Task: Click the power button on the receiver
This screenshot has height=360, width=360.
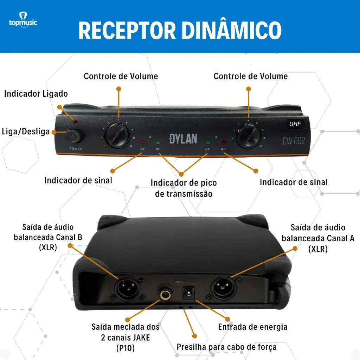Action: (x=73, y=136)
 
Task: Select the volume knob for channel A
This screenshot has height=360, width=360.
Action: (x=117, y=135)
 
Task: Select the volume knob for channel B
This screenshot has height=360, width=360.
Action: (x=249, y=135)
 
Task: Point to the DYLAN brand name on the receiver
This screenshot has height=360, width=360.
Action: (x=183, y=138)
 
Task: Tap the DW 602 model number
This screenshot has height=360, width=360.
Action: (x=294, y=141)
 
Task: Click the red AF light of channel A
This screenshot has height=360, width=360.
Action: (x=142, y=142)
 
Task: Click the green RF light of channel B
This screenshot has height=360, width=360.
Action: (x=208, y=143)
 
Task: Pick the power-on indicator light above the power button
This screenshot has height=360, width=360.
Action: (x=76, y=122)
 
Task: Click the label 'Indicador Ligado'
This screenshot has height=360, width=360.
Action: (x=36, y=94)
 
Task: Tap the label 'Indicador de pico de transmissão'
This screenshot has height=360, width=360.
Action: (x=184, y=188)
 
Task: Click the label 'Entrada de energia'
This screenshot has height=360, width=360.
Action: (x=252, y=327)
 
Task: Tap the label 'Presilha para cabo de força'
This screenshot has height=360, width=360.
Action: (x=226, y=347)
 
